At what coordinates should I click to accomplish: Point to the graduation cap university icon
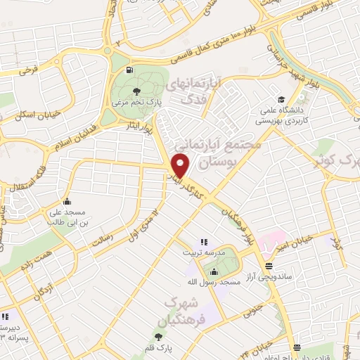click(x=281, y=99)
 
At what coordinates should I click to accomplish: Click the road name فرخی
click(x=28, y=71)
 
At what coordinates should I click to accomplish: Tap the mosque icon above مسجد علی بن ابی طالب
click(x=75, y=200)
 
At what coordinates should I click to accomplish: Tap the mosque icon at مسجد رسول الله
click(x=214, y=271)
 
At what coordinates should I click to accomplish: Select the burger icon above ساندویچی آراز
click(x=269, y=266)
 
